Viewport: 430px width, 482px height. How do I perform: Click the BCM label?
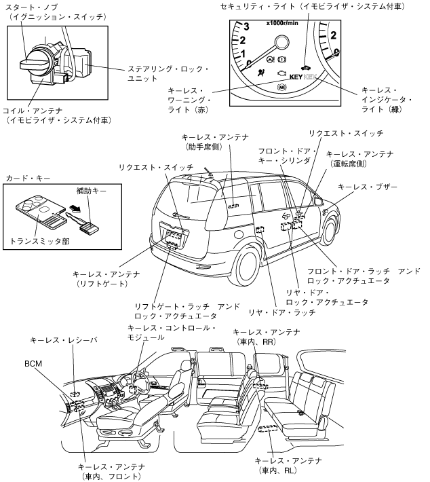pyautogui.click(x=33, y=365)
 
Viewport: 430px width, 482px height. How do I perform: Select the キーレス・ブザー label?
pyautogui.click(x=367, y=186)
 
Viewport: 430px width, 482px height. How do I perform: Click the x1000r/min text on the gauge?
pyautogui.click(x=283, y=24)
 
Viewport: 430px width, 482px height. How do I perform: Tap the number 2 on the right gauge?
pyautogui.click(x=332, y=34)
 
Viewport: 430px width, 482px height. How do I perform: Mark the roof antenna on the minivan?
pyautogui.click(x=206, y=169)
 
